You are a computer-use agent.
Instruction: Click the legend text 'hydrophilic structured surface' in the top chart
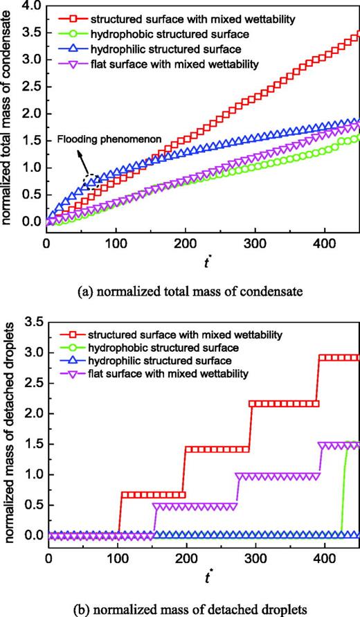coord(174,49)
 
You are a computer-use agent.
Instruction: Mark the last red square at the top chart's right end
coord(357,33)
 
